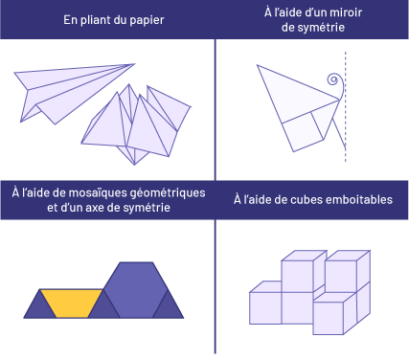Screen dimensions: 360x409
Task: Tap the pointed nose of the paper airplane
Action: (x=133, y=65)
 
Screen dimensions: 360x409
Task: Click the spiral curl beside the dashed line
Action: (x=332, y=83)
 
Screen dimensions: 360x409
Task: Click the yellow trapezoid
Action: (x=70, y=304)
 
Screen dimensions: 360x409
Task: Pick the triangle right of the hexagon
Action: (x=169, y=306)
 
